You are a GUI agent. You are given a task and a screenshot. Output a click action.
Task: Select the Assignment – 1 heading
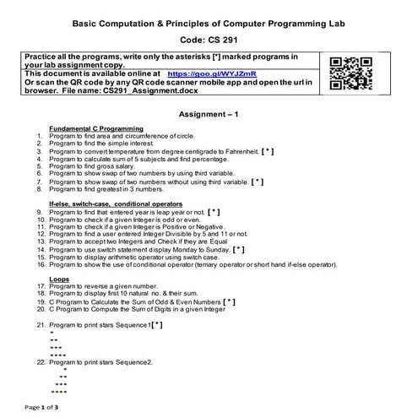click(x=209, y=112)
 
